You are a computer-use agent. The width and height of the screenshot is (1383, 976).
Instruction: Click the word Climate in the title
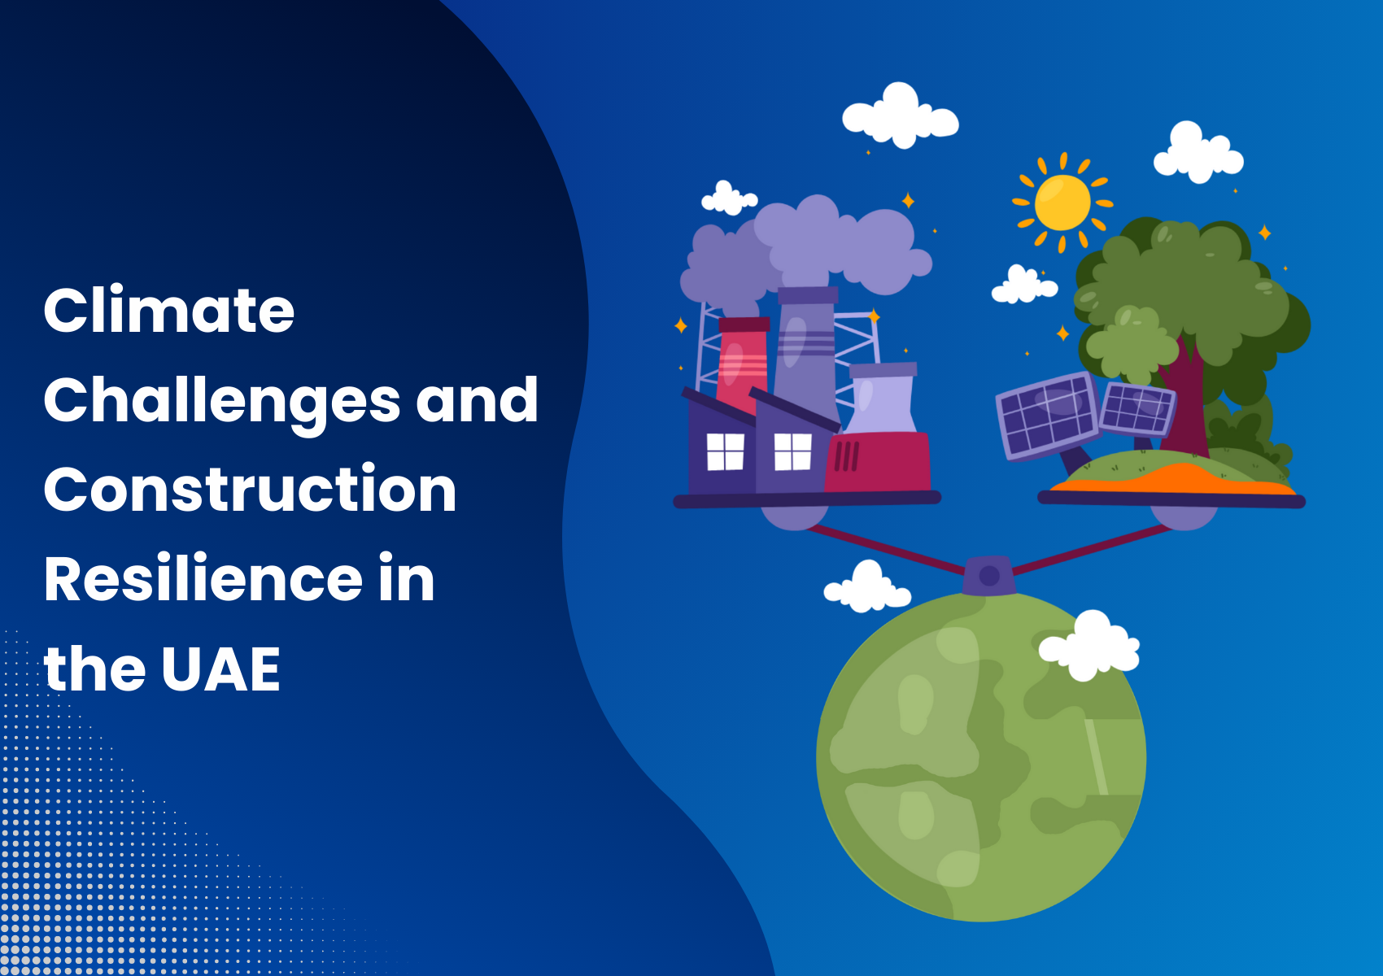pyautogui.click(x=168, y=310)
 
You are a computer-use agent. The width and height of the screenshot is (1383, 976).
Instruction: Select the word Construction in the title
pyautogui.click(x=250, y=490)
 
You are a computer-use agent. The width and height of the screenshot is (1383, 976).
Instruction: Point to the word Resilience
pyautogui.click(x=203, y=578)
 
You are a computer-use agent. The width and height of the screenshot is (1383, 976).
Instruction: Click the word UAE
pyautogui.click(x=221, y=669)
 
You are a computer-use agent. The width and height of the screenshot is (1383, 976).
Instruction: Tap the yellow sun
pyautogui.click(x=1062, y=203)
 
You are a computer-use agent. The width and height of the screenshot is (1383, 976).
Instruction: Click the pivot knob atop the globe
pyautogui.click(x=989, y=575)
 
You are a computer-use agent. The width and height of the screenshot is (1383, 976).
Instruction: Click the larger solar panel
pyautogui.click(x=1048, y=416)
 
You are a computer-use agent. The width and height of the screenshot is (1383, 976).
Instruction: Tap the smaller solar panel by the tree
pyautogui.click(x=1138, y=409)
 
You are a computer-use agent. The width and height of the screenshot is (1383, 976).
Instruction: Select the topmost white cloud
pyautogui.click(x=901, y=115)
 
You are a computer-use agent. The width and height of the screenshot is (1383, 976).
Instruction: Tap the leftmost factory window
pyautogui.click(x=725, y=452)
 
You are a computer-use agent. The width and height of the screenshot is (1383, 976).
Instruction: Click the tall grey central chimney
pyautogui.click(x=805, y=352)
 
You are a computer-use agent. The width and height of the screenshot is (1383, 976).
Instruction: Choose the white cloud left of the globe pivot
pyautogui.click(x=867, y=587)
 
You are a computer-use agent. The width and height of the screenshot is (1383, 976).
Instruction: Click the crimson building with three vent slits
pyautogui.click(x=877, y=462)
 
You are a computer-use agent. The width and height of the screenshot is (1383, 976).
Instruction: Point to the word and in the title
pyautogui.click(x=477, y=400)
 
